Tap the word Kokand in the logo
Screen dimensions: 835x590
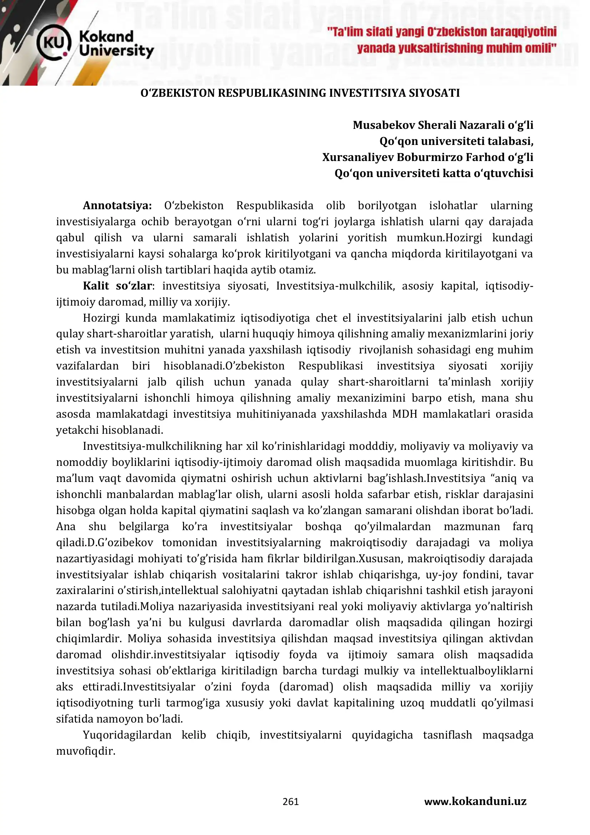(106, 36)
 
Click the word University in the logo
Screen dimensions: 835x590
(116, 51)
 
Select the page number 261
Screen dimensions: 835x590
(291, 801)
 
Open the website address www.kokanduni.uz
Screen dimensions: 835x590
(475, 801)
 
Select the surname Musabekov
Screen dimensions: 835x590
(384, 125)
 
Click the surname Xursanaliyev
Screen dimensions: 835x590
(358, 157)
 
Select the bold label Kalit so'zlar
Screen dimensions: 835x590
(117, 286)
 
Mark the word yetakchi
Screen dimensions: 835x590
(77, 430)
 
